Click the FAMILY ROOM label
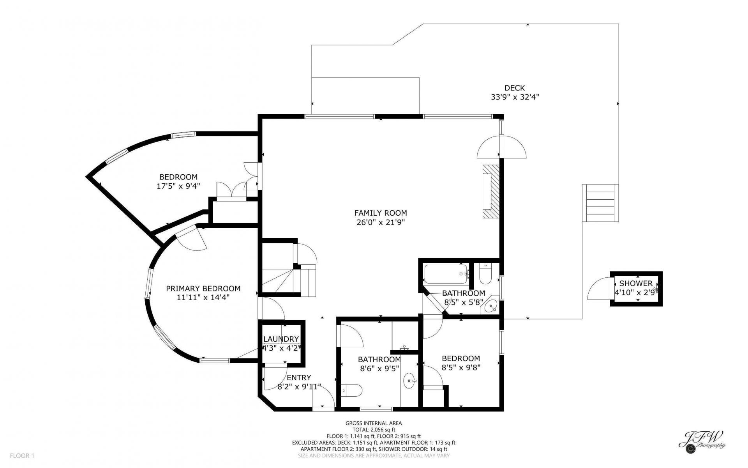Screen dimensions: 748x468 tap(380, 213)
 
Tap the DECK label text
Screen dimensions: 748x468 tap(515, 88)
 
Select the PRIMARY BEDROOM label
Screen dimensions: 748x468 tap(203, 289)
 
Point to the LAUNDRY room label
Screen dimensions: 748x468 tap(281, 339)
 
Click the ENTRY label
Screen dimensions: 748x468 tap(299, 378)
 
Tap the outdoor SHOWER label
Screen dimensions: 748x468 tap(636, 284)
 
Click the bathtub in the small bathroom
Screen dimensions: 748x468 tap(446, 274)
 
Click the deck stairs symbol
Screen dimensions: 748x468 tap(600, 203)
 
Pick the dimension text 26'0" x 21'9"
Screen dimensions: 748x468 tap(380, 222)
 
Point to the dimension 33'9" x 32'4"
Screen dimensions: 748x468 tap(515, 97)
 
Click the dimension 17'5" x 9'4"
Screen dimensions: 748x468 tap(178, 186)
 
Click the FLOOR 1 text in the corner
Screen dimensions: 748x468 tap(22, 456)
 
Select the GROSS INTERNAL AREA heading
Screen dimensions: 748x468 tap(374, 423)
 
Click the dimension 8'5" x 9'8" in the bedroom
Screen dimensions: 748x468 tap(461, 367)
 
